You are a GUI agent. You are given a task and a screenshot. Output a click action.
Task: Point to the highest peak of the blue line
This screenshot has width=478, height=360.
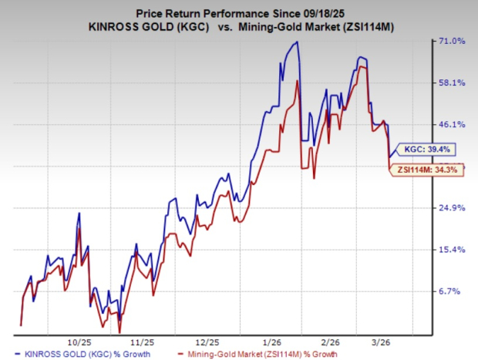coord(297,42)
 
